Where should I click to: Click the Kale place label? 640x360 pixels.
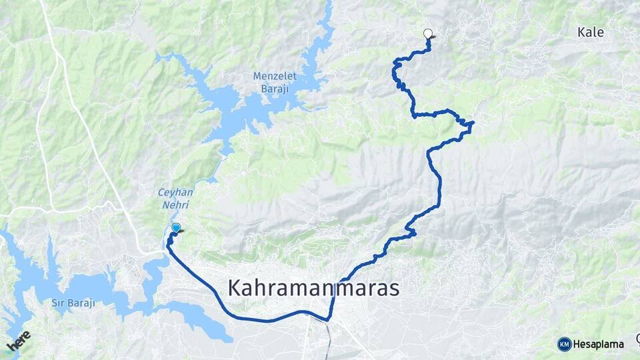click(x=590, y=32)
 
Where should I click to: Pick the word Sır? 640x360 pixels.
click(x=59, y=303)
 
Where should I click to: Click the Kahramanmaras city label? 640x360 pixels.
click(x=313, y=288)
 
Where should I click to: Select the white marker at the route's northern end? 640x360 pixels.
click(x=428, y=33)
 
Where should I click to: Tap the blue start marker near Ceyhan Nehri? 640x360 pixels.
click(x=176, y=228)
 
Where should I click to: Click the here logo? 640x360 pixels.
click(x=19, y=341)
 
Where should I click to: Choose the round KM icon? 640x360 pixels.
click(x=564, y=344)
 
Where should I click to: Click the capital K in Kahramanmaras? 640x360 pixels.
click(x=235, y=288)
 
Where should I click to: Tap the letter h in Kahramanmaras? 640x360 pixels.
click(x=265, y=287)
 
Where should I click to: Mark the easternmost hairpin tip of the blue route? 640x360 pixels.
click(x=472, y=123)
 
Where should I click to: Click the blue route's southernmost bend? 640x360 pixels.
click(x=327, y=319)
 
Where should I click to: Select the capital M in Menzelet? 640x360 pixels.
click(x=257, y=76)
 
